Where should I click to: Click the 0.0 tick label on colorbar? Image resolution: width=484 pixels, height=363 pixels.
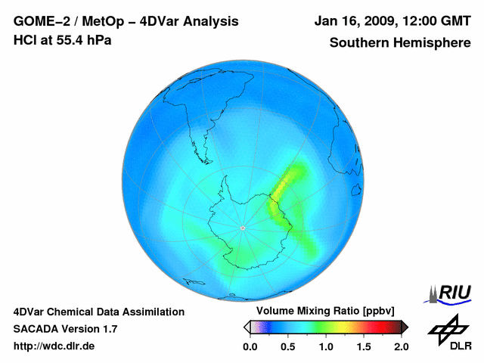click(x=250, y=346)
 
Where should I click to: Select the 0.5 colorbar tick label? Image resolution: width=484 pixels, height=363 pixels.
click(x=288, y=346)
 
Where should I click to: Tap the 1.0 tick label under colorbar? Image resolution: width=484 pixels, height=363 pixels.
click(x=326, y=346)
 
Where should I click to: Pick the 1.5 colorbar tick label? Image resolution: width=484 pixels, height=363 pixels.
click(x=364, y=346)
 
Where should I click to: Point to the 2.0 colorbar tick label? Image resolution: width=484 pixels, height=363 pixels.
click(x=401, y=346)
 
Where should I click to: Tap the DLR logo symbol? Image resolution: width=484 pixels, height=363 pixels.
click(x=447, y=328)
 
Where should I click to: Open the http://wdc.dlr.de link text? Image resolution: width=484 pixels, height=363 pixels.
click(x=54, y=346)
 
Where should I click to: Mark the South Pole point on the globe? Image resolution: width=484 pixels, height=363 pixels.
click(x=242, y=228)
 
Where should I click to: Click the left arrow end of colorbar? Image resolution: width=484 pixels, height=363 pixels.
click(x=247, y=327)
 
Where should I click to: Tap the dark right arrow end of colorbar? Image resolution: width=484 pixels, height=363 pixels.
click(x=405, y=327)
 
